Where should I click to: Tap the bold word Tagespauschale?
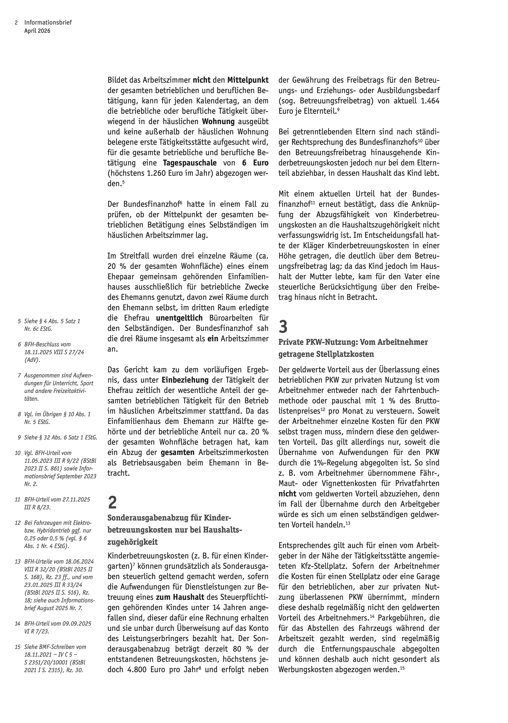pyautogui.click(x=190, y=163)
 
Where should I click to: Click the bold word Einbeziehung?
pyautogui.click(x=185, y=380)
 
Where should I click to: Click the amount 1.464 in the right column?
pyautogui.click(x=430, y=101)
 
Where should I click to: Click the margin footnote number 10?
pyautogui.click(x=18, y=453)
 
